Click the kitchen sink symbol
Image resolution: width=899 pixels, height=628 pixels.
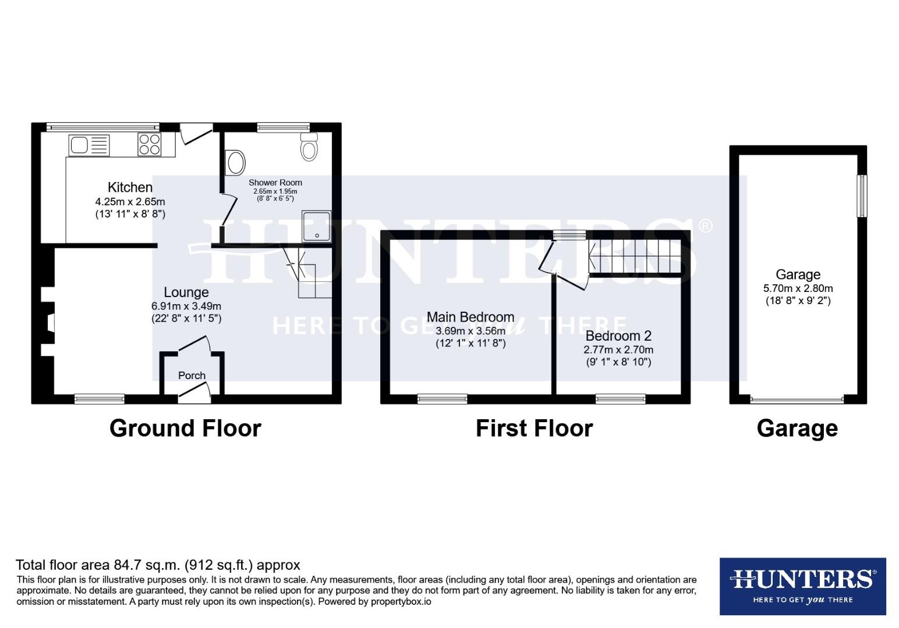click(89, 145)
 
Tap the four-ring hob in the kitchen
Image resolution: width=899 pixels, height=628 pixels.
click(149, 144)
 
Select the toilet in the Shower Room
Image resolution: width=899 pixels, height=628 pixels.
click(309, 147)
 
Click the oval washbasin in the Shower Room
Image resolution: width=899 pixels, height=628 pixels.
click(235, 162)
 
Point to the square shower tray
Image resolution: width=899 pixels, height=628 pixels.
click(316, 226)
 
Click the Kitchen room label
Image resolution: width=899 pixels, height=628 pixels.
click(130, 187)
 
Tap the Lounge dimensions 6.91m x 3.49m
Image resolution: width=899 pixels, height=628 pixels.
click(186, 306)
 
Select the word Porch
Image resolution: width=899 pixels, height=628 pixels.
click(192, 376)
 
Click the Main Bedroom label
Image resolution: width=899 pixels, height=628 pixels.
click(470, 317)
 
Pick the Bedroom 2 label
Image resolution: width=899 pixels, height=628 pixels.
click(618, 336)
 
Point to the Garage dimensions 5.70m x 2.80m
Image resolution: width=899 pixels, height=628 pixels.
click(798, 288)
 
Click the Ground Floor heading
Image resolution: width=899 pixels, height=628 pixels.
click(185, 428)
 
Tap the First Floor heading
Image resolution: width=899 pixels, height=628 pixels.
click(534, 428)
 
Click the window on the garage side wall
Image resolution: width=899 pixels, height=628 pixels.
click(862, 197)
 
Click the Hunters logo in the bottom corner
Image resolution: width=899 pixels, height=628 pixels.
click(802, 586)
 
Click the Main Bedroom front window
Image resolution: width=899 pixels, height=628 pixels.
click(443, 399)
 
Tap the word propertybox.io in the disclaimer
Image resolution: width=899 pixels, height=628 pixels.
click(401, 602)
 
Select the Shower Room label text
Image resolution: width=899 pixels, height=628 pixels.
click(275, 183)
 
